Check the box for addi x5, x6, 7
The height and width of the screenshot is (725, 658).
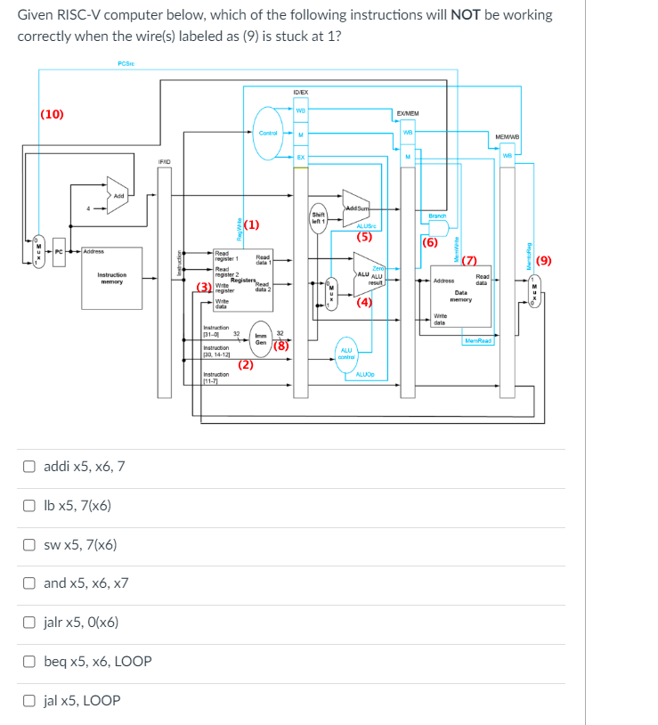29,466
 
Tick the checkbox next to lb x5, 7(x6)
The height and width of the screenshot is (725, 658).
29,505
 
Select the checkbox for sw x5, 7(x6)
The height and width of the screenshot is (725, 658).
29,544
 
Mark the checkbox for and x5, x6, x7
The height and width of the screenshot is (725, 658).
29,583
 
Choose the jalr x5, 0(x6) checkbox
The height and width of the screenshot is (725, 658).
29,623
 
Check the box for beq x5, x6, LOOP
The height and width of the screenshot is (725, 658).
29,662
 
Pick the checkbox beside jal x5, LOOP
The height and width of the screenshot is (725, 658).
29,701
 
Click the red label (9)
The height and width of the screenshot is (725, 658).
544,261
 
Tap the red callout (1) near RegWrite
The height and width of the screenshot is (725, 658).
251,224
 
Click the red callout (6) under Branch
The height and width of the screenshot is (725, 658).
430,242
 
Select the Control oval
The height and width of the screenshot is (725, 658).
266,133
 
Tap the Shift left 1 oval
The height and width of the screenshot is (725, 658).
318,216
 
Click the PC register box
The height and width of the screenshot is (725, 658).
60,252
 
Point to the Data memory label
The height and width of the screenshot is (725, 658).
460,296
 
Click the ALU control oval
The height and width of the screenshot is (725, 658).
346,354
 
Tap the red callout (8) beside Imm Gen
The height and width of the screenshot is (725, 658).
280,347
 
